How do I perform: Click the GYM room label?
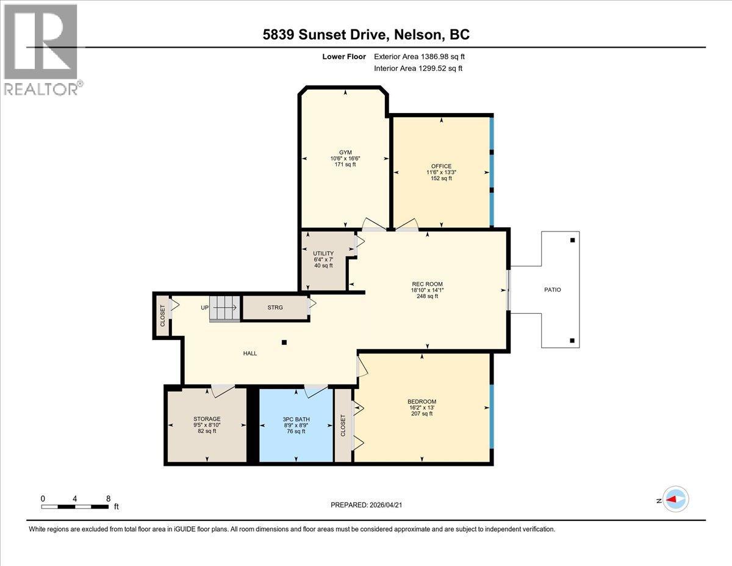coord(345,153)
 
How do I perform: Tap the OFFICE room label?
coord(441,166)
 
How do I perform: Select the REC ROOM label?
coord(427,283)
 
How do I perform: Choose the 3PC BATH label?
coord(296,418)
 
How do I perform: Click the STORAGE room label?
coord(206,418)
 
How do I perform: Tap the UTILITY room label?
coord(323,253)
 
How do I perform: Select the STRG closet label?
coord(274,308)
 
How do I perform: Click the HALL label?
coord(250,353)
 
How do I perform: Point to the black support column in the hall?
coord(284,343)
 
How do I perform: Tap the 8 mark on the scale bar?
coord(108,498)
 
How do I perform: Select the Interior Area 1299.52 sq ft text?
coord(418,68)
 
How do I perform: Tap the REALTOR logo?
coord(41,49)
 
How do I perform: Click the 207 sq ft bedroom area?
coord(422,414)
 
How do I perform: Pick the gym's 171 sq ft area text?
coord(345,165)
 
